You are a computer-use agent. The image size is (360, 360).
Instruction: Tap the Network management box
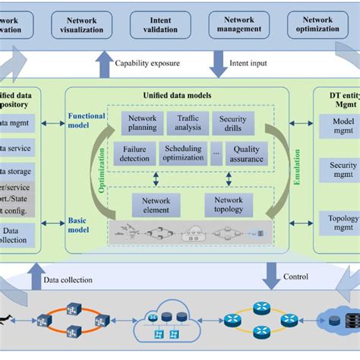(238, 24)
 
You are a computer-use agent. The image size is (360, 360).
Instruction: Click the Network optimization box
(317, 24)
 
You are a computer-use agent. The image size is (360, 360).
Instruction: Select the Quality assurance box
(246, 154)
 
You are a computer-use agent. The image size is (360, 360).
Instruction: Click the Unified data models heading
(176, 96)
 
